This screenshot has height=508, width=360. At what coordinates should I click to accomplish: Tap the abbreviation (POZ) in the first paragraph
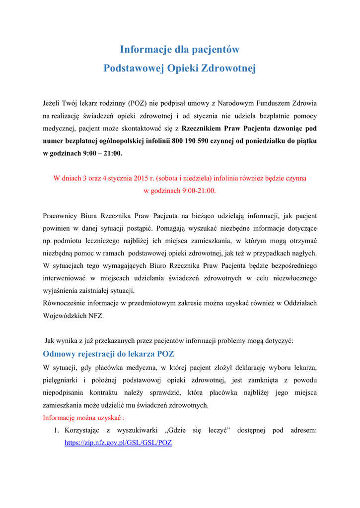tap(137, 103)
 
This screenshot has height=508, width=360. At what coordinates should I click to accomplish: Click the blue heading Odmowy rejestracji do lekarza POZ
tap(109, 354)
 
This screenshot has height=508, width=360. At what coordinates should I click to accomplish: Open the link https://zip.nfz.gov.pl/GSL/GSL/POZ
tap(118, 443)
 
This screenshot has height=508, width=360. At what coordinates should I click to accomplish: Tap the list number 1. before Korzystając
tap(57, 430)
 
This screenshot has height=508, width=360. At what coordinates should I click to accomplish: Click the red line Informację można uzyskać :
tap(83, 417)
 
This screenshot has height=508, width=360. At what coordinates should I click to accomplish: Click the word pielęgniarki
tap(62, 380)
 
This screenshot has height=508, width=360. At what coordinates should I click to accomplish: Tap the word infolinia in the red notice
tap(228, 178)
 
